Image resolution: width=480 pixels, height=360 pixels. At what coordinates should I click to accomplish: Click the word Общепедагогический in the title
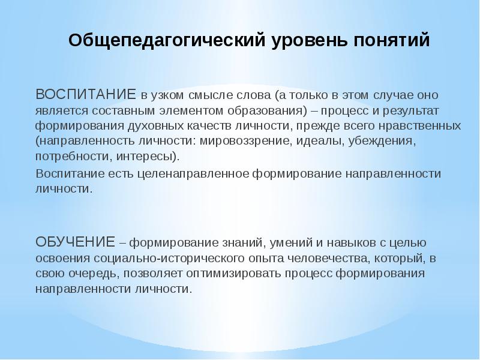pyautogui.click(x=166, y=41)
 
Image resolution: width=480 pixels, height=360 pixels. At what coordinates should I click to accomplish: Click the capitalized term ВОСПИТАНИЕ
pyautogui.click(x=86, y=95)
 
